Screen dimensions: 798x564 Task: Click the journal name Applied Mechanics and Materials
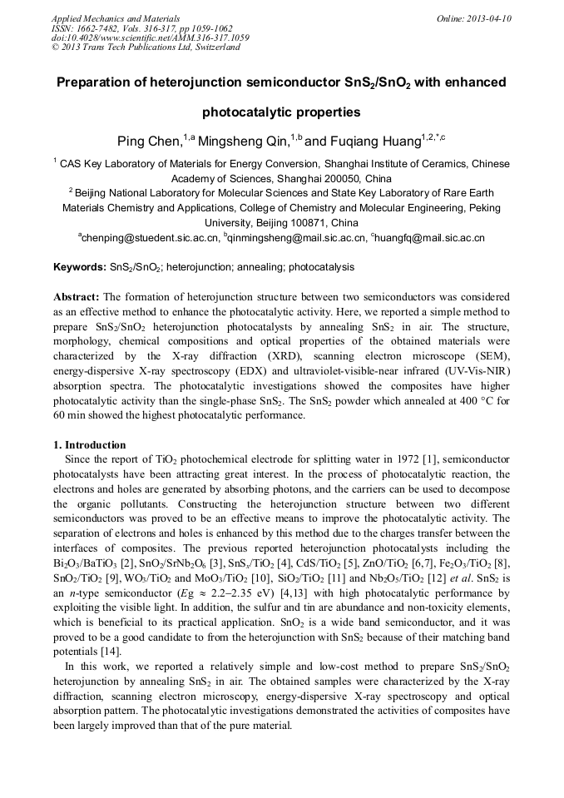(x=115, y=18)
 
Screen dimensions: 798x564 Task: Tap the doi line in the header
(x=150, y=38)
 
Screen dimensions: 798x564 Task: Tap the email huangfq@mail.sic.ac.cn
(x=431, y=239)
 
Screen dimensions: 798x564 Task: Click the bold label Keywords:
(x=80, y=268)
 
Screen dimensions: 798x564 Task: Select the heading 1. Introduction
(x=90, y=445)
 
